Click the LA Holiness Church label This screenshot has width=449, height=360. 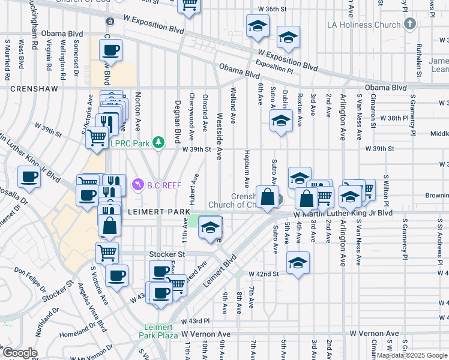coord(370,25)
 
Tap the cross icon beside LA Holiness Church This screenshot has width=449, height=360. coord(410,24)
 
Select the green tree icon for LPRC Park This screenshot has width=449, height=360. coord(158,142)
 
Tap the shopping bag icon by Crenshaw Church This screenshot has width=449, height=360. coord(267,196)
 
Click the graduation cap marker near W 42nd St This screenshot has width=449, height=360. coord(298,263)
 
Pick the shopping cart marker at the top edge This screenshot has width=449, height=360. coord(190,6)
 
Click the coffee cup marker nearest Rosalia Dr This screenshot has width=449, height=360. coord(29,177)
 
